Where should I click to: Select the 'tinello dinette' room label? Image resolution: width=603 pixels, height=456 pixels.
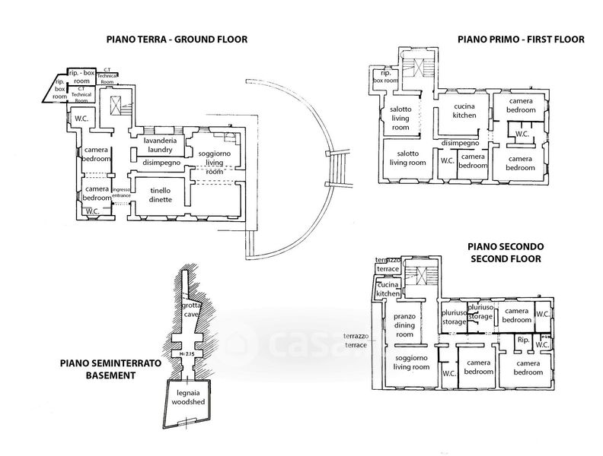point(160,195)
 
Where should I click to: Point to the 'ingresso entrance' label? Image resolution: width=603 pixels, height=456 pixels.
point(120,192)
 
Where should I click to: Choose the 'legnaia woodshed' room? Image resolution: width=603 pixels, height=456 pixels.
point(187,397)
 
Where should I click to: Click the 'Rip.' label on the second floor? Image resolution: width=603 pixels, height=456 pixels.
point(522,340)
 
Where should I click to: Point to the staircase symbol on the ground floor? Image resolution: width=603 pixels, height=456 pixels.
point(117,106)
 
